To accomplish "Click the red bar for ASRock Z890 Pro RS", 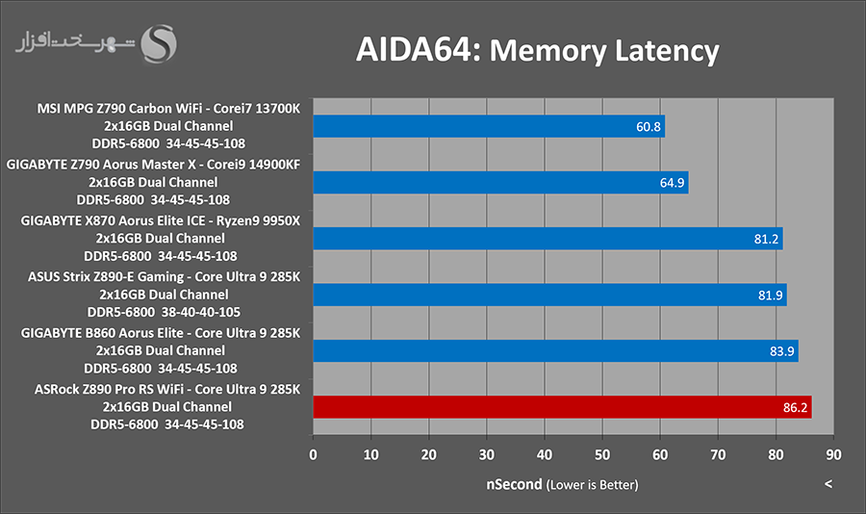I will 562,407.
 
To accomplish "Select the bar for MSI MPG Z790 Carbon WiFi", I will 489,127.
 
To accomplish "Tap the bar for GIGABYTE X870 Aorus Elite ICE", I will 548,239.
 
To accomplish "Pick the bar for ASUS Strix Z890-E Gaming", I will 549,295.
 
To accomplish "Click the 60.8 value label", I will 647,127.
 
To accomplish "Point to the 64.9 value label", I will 671,183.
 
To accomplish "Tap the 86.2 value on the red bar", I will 794,408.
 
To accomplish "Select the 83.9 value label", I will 780,351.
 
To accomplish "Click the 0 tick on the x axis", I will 313,452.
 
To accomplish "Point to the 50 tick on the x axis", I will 602,452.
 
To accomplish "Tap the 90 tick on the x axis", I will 833,452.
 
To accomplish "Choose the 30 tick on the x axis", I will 487,452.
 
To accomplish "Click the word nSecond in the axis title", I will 514,483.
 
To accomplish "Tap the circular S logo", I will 160,43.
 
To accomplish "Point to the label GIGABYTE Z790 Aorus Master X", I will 153,165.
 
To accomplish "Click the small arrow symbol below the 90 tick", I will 828,483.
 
